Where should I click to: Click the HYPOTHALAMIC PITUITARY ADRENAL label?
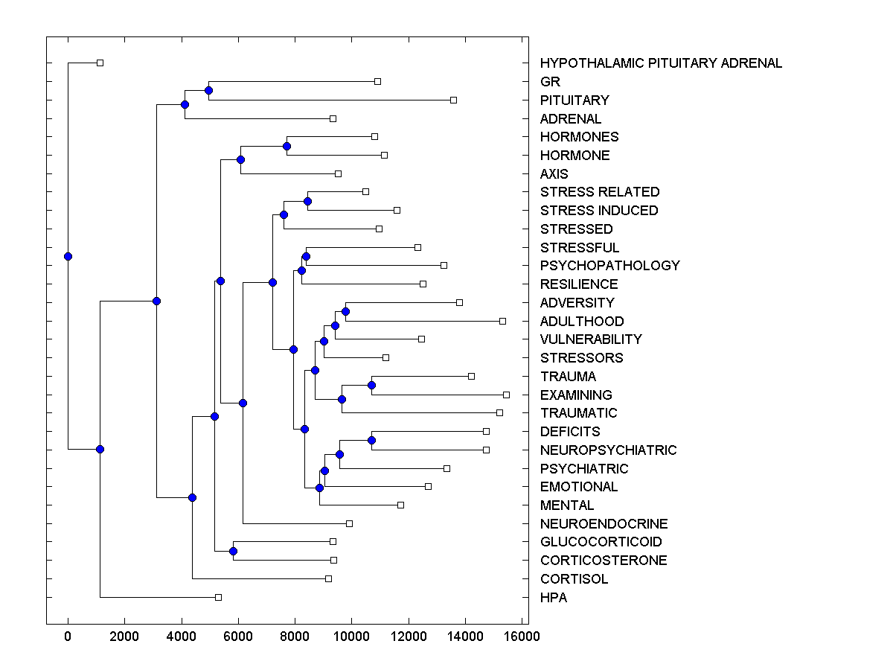661,63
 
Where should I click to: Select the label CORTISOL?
574,579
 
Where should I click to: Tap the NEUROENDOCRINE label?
604,524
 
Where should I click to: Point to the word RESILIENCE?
579,284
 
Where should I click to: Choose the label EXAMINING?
576,395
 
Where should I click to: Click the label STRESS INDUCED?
599,211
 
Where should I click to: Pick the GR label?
550,82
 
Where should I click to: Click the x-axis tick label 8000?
295,636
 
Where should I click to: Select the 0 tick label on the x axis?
68,636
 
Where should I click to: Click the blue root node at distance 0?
68,256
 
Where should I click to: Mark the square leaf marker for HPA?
218,597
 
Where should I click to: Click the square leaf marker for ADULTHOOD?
502,321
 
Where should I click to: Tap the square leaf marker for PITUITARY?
453,100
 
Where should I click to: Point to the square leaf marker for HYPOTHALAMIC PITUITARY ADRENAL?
100,63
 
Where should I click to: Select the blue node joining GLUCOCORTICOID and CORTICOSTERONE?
233,551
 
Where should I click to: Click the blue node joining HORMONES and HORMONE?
287,146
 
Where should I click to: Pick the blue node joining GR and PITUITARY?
208,90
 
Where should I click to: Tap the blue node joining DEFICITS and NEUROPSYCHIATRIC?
371,440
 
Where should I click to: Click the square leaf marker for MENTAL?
400,505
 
